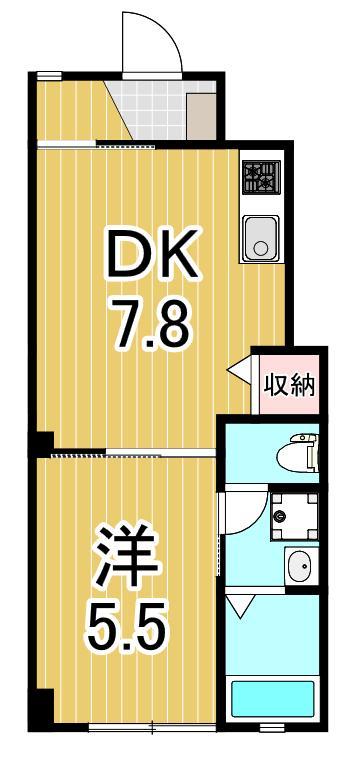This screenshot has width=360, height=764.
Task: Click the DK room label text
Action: tap(152, 258)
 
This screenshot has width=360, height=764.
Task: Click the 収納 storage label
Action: tap(289, 384)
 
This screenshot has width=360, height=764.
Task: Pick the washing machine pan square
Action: tap(296, 515)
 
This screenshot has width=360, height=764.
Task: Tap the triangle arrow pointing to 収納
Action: tap(240, 372)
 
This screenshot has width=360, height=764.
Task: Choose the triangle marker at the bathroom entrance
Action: tap(238, 605)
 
